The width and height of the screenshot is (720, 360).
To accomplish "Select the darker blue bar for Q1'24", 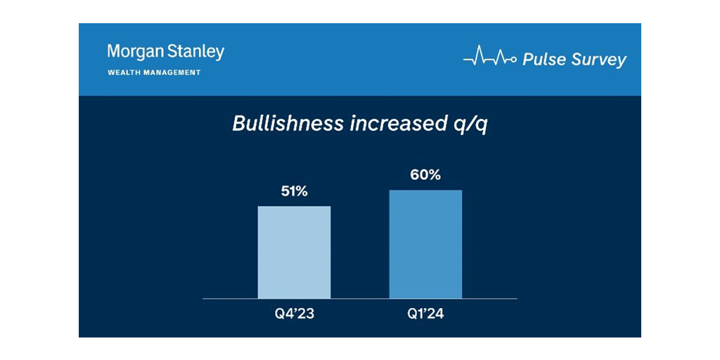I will pos(425,244).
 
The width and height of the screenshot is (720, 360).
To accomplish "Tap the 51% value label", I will pos(294,192).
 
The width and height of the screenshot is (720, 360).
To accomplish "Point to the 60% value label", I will pos(425,175).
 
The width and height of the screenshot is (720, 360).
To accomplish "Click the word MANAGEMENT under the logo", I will pos(173,72).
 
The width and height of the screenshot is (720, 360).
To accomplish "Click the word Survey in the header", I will pos(598,60).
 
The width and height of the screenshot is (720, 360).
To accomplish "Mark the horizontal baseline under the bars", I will pos(359,299).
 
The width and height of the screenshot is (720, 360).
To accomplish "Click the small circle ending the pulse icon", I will pos(515,60).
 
